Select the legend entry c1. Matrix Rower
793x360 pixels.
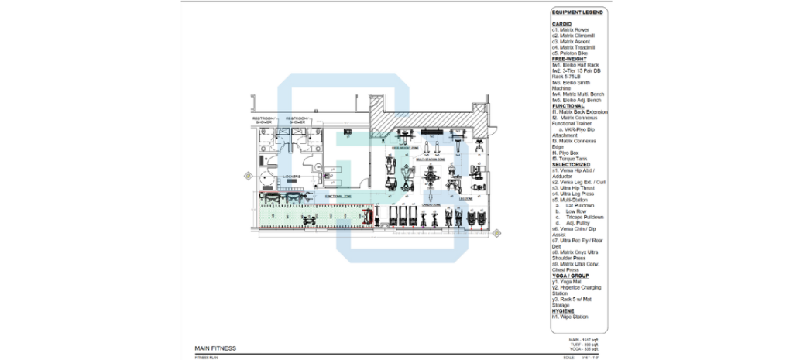tap(571, 29)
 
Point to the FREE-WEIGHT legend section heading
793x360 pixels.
tap(568, 59)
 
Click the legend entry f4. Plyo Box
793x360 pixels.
tap(568, 153)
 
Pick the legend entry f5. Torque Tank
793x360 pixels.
tap(571, 159)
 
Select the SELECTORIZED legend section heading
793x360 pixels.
tap(572, 165)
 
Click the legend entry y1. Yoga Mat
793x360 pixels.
tap(568, 281)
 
